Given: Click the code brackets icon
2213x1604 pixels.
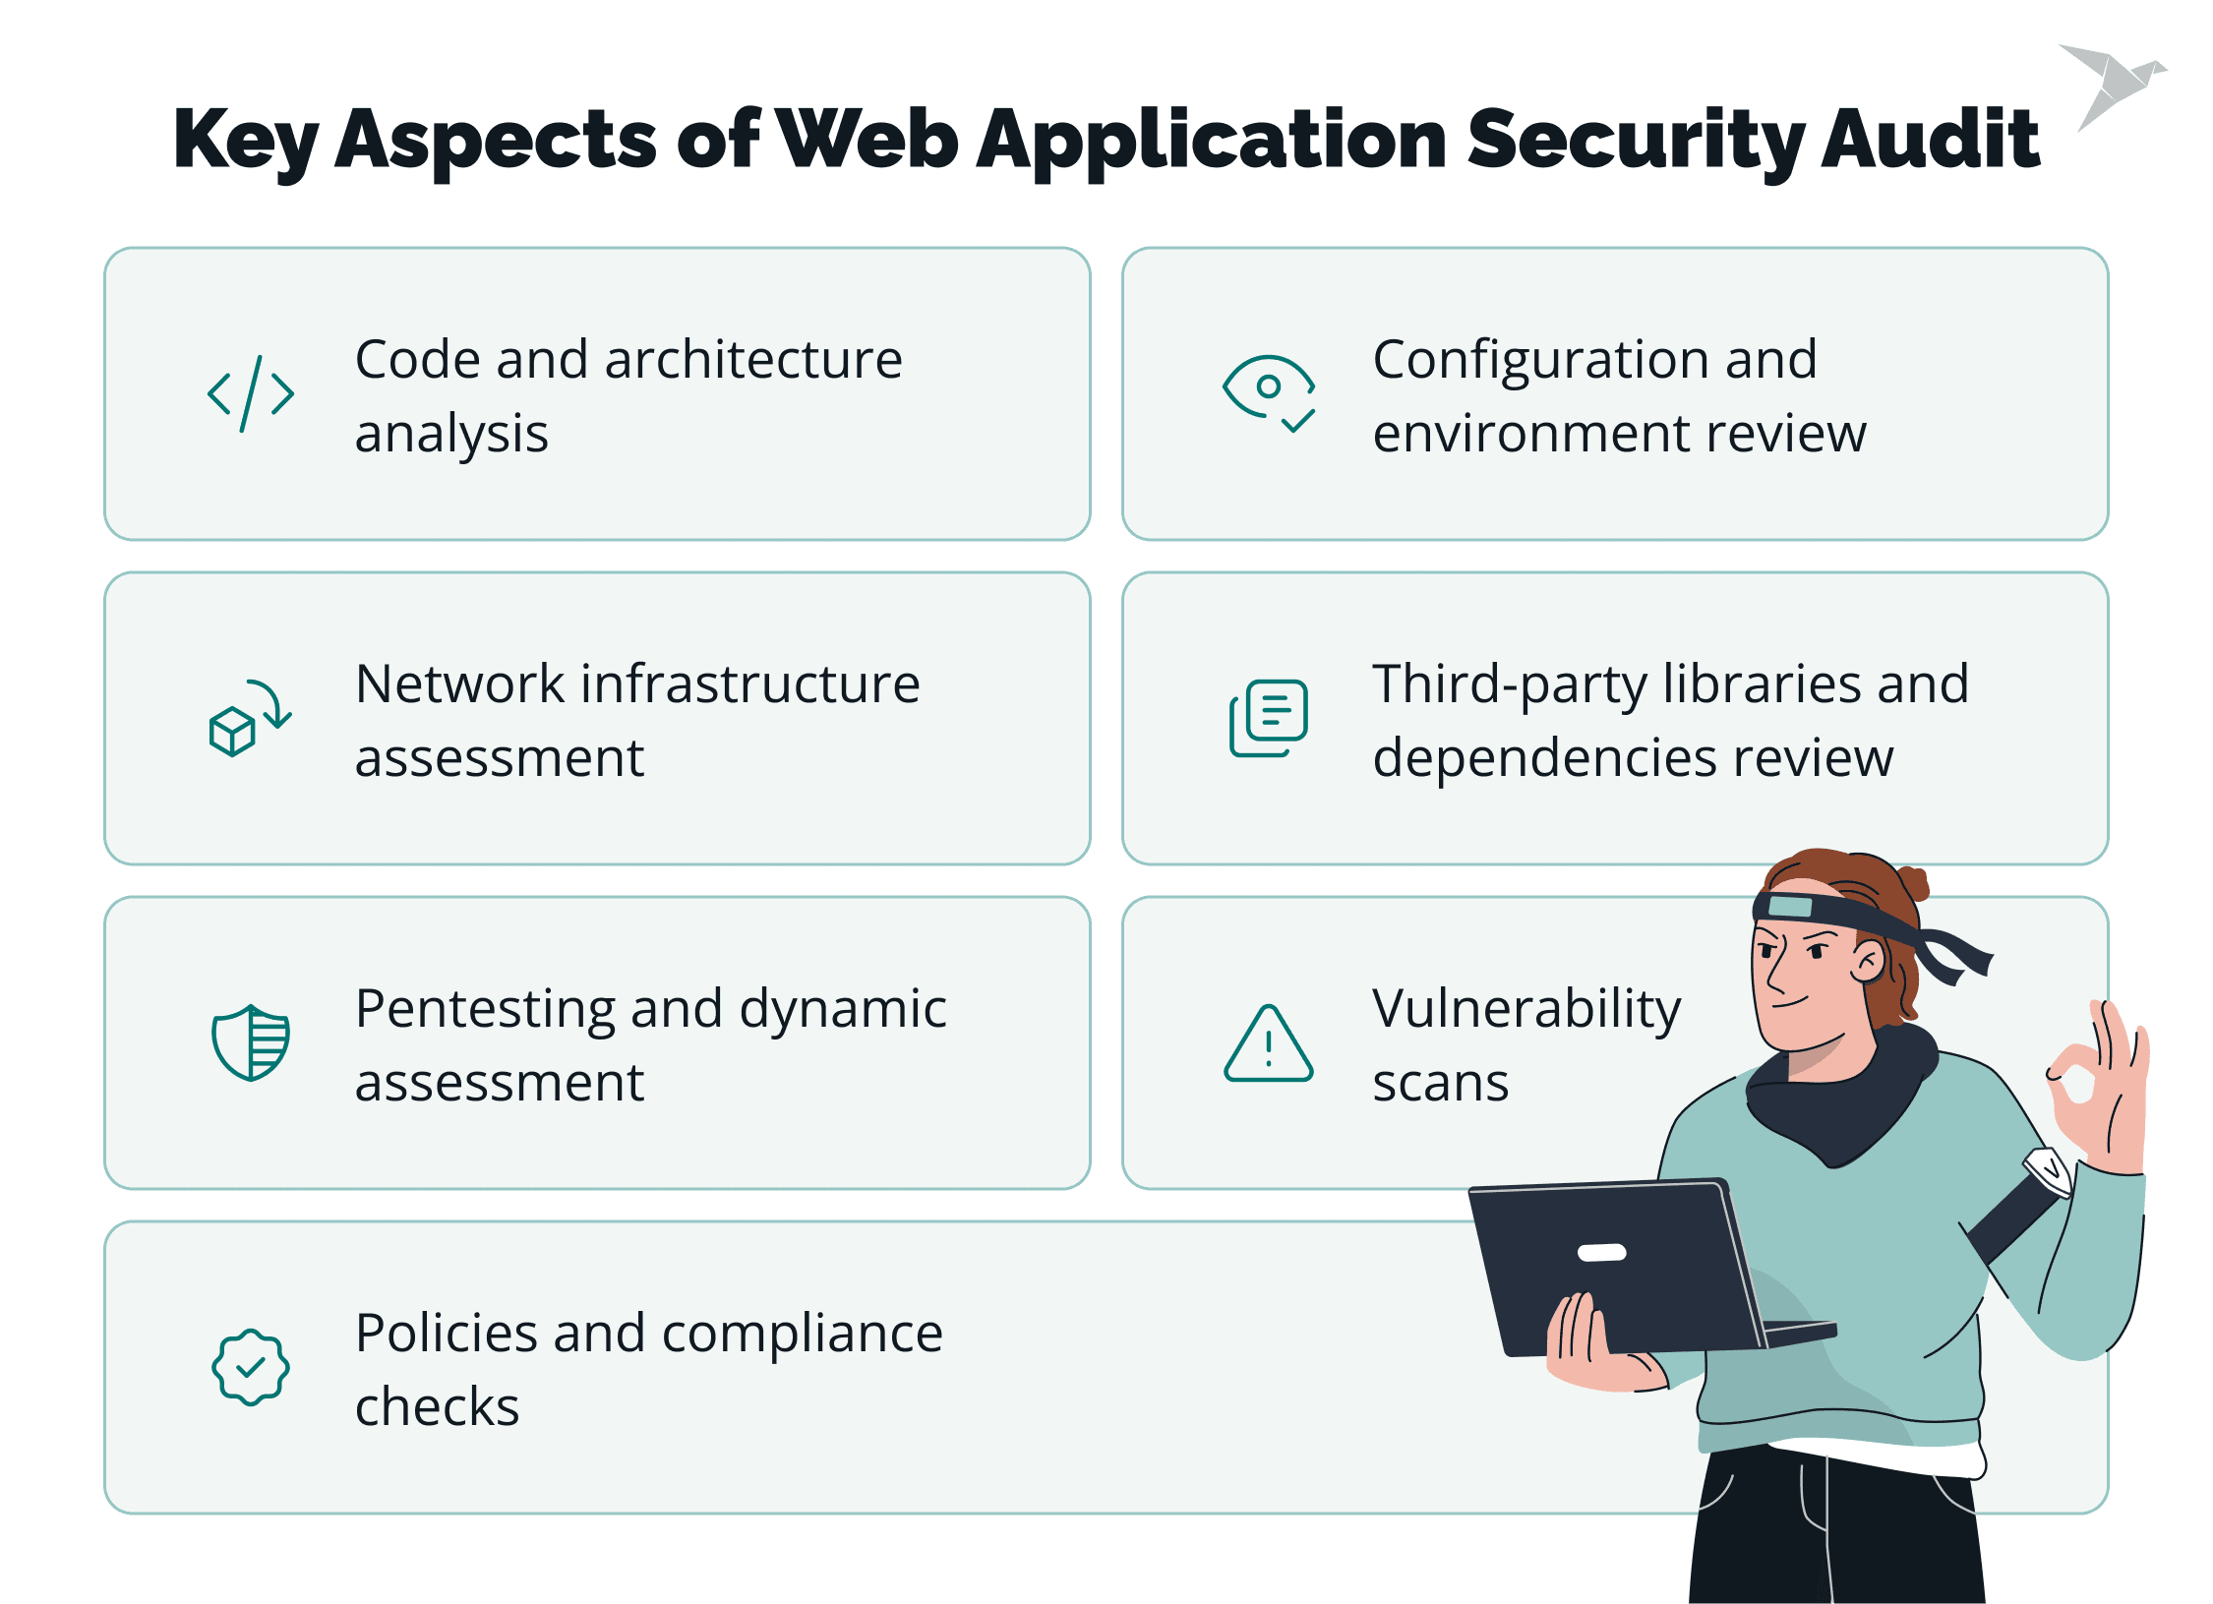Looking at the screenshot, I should [x=251, y=394].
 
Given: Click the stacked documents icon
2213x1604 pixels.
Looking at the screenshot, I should [x=1269, y=719].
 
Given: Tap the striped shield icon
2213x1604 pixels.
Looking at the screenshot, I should [x=251, y=1042].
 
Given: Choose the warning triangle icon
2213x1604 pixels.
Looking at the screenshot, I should [x=1269, y=1044].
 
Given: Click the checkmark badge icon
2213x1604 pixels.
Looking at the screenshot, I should [x=251, y=1367].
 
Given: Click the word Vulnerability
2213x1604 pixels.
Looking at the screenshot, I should [x=1526, y=1010].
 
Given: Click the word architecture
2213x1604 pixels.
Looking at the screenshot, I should [x=753, y=360].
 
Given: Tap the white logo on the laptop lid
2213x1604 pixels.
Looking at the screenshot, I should [x=1602, y=1252].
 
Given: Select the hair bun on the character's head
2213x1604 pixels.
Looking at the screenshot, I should [x=1913, y=881].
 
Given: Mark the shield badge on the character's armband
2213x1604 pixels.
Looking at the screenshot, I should [x=2049, y=1170].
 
